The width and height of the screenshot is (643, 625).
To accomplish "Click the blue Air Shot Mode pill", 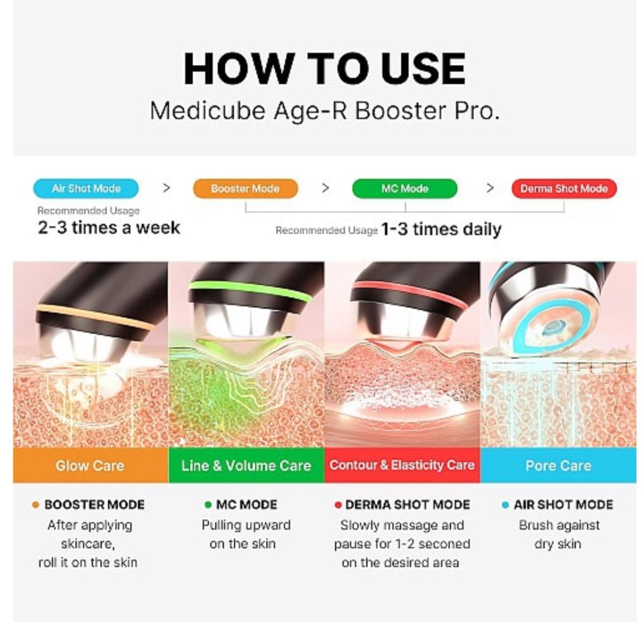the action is (x=86, y=188).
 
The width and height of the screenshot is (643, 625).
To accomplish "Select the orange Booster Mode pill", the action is (x=245, y=188).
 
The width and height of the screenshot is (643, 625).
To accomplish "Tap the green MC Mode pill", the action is (x=405, y=188).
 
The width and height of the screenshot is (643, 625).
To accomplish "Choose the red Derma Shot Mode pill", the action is (x=564, y=188).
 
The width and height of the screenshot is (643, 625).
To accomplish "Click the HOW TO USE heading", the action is (x=325, y=69).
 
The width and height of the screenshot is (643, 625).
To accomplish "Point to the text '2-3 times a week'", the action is (x=109, y=228).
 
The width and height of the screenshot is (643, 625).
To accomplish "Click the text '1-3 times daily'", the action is (x=441, y=229).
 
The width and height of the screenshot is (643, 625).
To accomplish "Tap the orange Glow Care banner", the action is (x=91, y=465).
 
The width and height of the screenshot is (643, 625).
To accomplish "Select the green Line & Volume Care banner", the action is (x=246, y=465).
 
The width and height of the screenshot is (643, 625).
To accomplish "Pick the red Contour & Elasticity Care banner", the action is (x=402, y=465).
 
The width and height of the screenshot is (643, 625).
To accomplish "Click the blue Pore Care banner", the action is (x=558, y=465).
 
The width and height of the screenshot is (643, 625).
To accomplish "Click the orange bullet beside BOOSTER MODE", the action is (x=36, y=505).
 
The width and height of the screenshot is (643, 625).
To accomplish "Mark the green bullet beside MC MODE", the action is (x=208, y=505).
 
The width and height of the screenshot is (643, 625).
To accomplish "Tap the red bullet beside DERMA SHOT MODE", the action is (x=338, y=505).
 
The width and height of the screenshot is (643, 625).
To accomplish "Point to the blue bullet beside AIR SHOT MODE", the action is (x=505, y=505).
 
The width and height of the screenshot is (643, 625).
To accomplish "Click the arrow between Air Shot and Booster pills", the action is (x=166, y=188).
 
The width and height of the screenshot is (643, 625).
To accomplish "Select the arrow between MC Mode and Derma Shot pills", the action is (x=490, y=188).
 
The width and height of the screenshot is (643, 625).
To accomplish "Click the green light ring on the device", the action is (x=250, y=291).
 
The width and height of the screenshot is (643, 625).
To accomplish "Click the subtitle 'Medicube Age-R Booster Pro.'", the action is (x=325, y=111).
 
